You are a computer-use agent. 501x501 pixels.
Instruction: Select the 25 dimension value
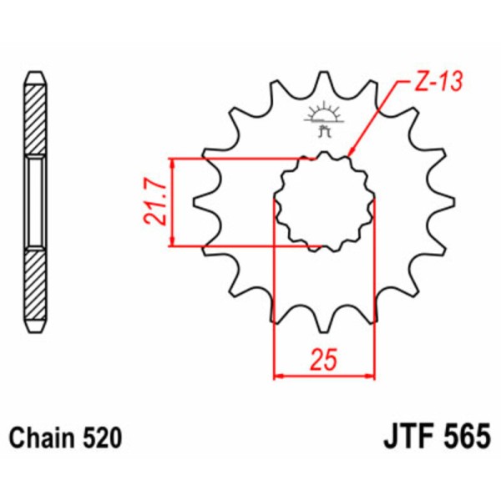324,361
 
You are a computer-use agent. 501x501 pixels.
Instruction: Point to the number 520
103,438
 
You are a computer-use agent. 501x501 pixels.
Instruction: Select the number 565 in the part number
463,438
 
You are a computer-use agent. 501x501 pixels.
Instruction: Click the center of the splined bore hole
324,202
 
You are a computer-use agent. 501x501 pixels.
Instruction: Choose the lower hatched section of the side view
34,284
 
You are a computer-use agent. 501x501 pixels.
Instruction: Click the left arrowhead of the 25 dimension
280,375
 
